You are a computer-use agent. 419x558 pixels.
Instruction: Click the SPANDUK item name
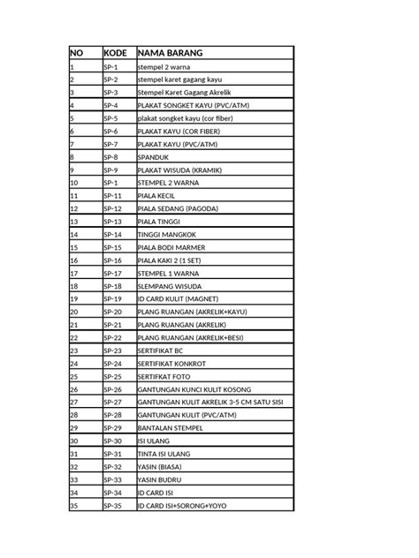tap(156, 156)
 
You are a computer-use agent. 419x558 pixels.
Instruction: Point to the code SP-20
tap(112, 312)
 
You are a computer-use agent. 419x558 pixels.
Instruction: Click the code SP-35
tap(112, 505)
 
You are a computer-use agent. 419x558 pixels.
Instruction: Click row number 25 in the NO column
tap(73, 376)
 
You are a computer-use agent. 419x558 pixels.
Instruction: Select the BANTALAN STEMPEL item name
tap(171, 428)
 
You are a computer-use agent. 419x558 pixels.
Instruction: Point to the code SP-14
tap(112, 234)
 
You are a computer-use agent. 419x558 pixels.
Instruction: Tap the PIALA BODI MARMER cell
tap(171, 247)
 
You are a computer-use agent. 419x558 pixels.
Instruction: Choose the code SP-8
tap(110, 156)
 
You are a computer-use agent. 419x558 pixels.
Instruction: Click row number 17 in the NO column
tap(73, 273)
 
